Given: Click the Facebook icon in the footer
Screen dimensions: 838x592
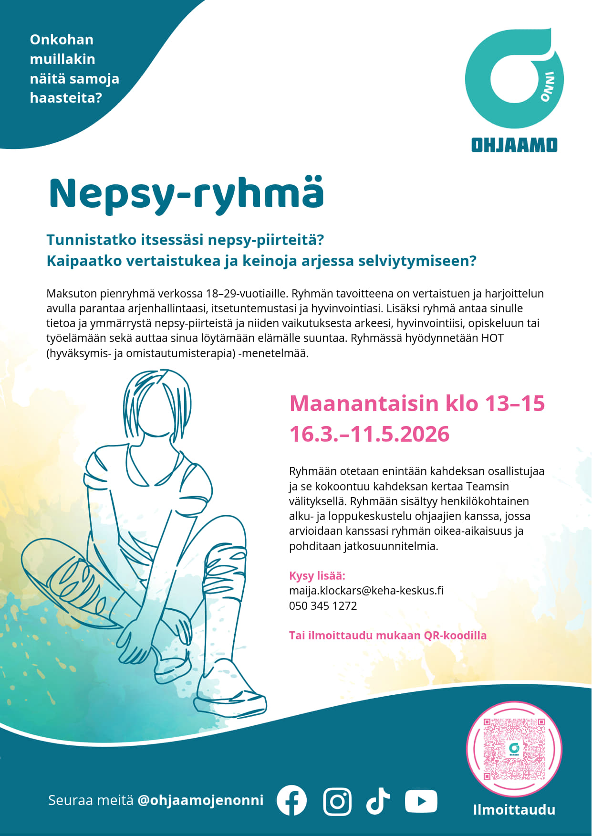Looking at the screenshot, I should click(x=291, y=800).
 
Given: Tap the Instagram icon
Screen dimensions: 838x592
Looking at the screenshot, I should click(x=337, y=801).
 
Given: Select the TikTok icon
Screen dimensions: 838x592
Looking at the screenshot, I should click(x=378, y=800).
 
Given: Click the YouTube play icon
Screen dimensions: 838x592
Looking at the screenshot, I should click(x=421, y=801).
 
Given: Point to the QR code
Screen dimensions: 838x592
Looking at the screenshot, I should click(x=514, y=749).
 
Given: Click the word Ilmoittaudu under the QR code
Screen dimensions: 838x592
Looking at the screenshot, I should click(x=514, y=810).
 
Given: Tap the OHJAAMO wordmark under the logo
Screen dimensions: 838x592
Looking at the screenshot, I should click(x=514, y=145).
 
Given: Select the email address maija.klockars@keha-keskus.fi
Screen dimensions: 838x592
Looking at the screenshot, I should click(x=366, y=591).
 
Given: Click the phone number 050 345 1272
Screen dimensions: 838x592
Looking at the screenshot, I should click(x=323, y=606).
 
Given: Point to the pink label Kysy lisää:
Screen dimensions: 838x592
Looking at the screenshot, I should click(x=317, y=575).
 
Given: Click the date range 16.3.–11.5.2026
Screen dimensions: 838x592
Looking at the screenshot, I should click(x=369, y=434).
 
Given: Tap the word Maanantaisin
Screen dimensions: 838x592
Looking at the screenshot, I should click(x=364, y=403).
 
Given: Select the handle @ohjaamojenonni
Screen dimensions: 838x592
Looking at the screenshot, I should click(x=200, y=800).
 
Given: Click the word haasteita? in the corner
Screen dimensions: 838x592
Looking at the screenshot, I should click(x=66, y=98).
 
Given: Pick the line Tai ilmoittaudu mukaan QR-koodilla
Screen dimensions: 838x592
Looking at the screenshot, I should click(x=387, y=636).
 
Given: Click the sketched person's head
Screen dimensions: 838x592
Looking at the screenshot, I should click(x=158, y=406).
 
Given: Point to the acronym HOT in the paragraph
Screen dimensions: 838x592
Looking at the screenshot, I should click(x=492, y=338).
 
